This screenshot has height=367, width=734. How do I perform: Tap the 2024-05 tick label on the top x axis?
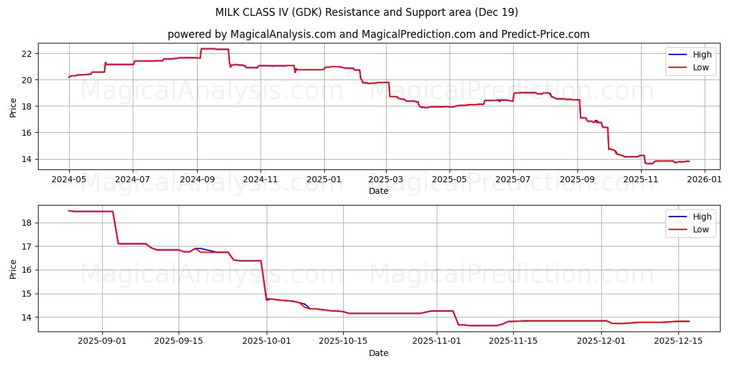pos(69,180)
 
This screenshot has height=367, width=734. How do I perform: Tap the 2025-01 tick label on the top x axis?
pos(324,180)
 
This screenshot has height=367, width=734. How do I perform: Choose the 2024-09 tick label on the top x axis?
pos(197,180)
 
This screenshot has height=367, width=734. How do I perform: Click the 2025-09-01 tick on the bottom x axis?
pos(102,341)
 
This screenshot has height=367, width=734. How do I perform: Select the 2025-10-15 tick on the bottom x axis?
pos(343,341)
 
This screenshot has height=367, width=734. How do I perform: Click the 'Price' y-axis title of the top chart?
pos(13,106)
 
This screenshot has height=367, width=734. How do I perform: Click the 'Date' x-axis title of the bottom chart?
pos(379,353)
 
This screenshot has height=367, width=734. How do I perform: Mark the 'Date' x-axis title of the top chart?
pos(379,191)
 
